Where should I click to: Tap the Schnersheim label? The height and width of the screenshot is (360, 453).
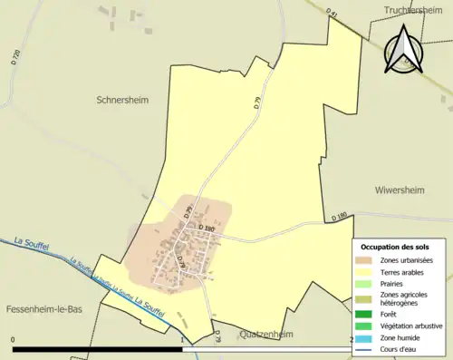[x=122, y=100]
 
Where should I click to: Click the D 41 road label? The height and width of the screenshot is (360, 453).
[x=332, y=15]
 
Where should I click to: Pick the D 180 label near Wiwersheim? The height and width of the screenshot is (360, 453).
[x=340, y=216]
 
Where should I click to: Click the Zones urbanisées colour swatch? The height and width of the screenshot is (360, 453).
[x=362, y=261]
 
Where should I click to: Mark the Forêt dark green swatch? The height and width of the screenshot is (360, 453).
[x=362, y=314]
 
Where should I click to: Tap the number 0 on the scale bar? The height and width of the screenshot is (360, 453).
[x=14, y=340]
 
